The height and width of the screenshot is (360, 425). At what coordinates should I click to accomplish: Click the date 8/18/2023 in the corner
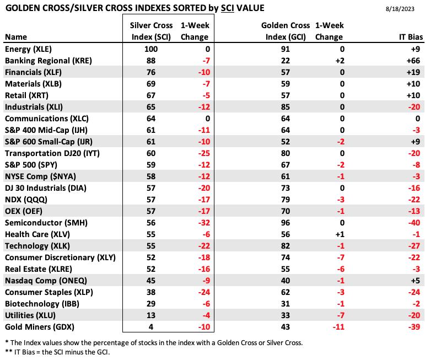point(400,9)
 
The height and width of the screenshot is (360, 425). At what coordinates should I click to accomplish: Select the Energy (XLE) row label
point(28,49)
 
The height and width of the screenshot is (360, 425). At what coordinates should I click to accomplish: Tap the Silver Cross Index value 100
point(151,49)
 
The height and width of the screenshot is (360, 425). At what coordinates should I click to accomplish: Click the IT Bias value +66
point(413,61)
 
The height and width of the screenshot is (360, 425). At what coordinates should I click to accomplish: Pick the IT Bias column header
point(411,37)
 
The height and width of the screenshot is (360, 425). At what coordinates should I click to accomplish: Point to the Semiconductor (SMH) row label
point(46,223)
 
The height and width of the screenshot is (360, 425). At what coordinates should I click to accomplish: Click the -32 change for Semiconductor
point(204,223)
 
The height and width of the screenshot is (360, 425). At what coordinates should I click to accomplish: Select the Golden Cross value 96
point(286,223)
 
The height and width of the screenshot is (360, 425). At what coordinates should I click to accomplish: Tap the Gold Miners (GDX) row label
point(40,327)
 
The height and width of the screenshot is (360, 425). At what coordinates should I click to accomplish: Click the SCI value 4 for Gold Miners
point(151,327)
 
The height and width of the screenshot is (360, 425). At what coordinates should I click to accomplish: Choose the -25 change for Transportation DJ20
point(204,153)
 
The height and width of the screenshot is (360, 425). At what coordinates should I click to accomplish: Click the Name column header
point(16,37)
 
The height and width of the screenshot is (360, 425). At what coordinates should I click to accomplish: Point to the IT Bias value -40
point(414,223)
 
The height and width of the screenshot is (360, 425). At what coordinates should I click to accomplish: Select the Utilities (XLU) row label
point(30,315)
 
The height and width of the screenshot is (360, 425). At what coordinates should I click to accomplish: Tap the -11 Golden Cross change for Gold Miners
point(338,327)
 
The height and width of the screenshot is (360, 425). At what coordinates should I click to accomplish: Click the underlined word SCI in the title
point(228,8)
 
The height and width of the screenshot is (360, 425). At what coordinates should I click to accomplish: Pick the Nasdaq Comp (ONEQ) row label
point(46,281)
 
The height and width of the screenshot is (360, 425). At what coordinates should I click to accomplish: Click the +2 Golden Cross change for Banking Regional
point(340,61)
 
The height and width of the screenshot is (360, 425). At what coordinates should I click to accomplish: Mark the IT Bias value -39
point(414,327)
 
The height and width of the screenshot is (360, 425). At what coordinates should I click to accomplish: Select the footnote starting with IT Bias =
point(57,352)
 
